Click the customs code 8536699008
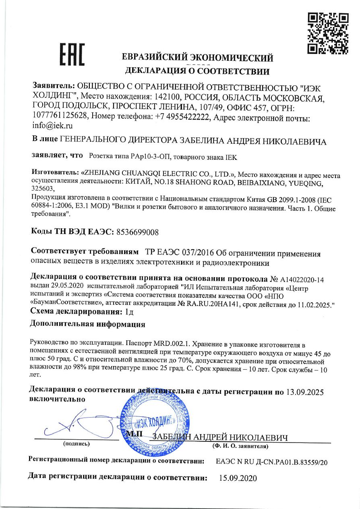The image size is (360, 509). [x=137, y=232]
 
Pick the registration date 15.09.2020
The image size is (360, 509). [x=238, y=479]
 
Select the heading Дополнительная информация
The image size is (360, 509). [x=87, y=324]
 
